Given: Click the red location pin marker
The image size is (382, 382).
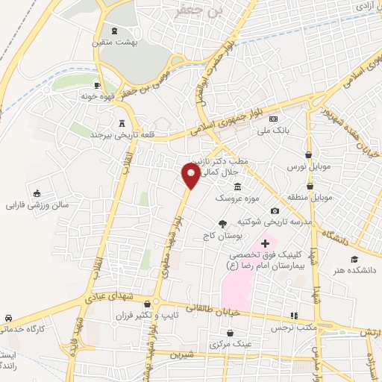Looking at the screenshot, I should coord(191,176).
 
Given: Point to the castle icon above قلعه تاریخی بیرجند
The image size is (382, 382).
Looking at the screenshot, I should coord(122,123).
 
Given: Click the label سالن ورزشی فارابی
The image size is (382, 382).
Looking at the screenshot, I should coord(38,204).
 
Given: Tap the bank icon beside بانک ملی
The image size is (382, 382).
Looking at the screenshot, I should coord(274,119).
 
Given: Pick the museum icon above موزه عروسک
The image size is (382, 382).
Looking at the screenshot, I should coord(237,187).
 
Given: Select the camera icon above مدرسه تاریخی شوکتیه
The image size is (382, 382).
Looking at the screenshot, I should coord(275,211).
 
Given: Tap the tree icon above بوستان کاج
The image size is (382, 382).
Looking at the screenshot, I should coord(222,223).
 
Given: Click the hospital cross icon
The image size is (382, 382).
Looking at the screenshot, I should coord(265,243).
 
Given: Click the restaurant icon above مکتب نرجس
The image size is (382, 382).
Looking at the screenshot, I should coord(294,316).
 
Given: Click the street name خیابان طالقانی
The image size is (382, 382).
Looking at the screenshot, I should coord(215,307).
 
